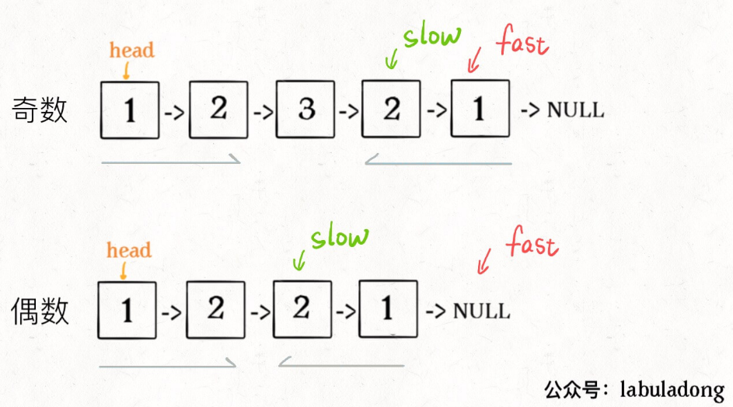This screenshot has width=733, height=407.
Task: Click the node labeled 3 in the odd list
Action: point(305,110)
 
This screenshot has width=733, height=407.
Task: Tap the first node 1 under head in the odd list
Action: point(130,110)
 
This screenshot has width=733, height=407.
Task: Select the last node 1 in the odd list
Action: point(480,110)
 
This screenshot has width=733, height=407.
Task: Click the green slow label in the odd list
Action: point(431,35)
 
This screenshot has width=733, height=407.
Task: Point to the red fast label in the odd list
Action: point(523,42)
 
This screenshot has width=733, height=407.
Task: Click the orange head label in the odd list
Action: point(131,50)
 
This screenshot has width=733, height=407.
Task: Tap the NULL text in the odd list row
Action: point(575,110)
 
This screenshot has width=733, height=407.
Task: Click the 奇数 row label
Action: point(40,110)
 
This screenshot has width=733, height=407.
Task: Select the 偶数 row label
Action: point(40,311)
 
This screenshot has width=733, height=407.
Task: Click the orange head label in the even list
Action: point(129,251)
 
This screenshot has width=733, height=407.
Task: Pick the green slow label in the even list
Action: point(339,237)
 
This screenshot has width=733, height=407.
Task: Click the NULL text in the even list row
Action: point(482,311)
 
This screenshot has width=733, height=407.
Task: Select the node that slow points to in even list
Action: point(302,309)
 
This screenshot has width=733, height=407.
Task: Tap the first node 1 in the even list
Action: point(127,309)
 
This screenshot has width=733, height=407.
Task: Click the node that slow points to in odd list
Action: point(391,110)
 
